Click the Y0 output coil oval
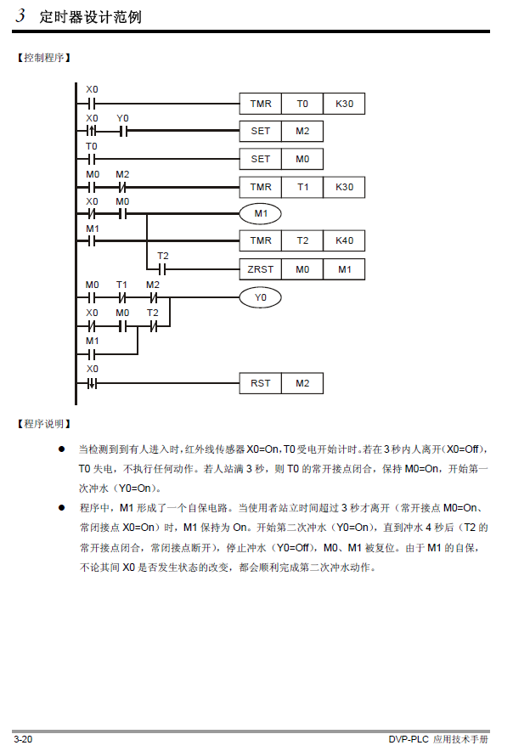coord(260,297)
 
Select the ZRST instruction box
coord(260,269)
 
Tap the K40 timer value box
coord(344,241)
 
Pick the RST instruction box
coord(260,383)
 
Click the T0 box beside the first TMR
coord(302,104)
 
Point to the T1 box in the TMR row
coord(302,187)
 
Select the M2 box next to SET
coord(302,131)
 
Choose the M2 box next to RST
coord(302,383)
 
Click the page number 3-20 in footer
coord(23,739)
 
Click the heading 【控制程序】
coord(43,58)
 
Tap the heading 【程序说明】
coord(43,422)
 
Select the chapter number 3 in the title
coord(20,16)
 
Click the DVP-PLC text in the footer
coord(409,739)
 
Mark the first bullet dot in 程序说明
coord(61,447)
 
